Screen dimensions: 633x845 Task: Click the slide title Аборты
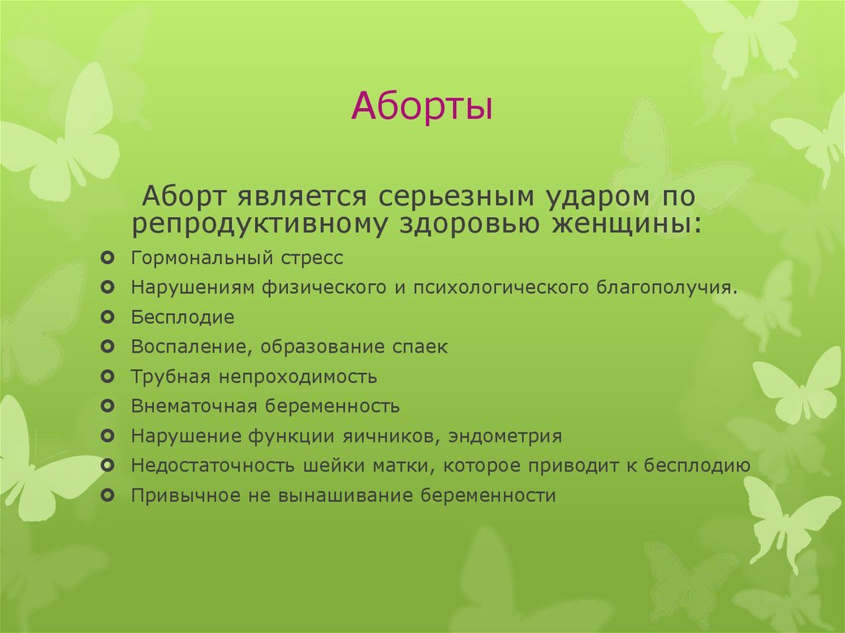pyautogui.click(x=422, y=108)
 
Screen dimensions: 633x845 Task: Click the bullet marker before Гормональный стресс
pyautogui.click(x=108, y=258)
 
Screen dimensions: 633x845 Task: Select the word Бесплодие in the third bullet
pyautogui.click(x=182, y=318)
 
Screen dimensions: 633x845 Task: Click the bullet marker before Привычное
pyautogui.click(x=108, y=496)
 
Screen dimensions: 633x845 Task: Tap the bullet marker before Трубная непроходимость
pyautogui.click(x=108, y=377)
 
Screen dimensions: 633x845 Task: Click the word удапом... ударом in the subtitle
pyautogui.click(x=587, y=197)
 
